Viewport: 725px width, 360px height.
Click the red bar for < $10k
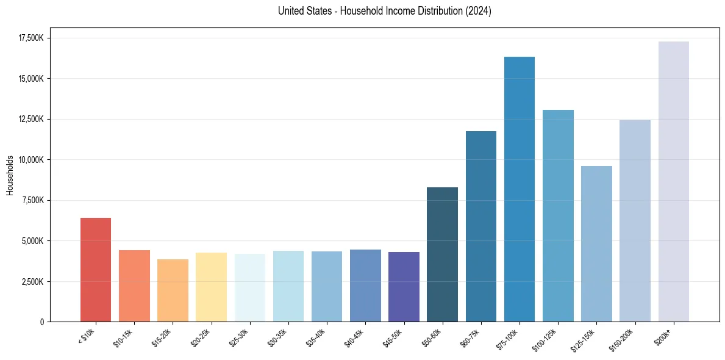(96, 269)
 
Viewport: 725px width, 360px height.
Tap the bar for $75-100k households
(520, 189)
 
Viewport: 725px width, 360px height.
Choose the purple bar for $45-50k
(404, 286)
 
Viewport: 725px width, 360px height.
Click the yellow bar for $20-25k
(211, 287)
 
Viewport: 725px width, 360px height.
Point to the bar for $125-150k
(596, 243)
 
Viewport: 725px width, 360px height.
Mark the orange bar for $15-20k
(173, 290)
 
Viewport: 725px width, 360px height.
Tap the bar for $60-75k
(481, 226)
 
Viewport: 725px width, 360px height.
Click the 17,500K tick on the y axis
(30, 38)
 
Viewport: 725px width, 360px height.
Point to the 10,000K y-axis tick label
(30, 160)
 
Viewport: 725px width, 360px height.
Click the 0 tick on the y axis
(43, 322)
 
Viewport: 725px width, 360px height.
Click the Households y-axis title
(10, 175)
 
